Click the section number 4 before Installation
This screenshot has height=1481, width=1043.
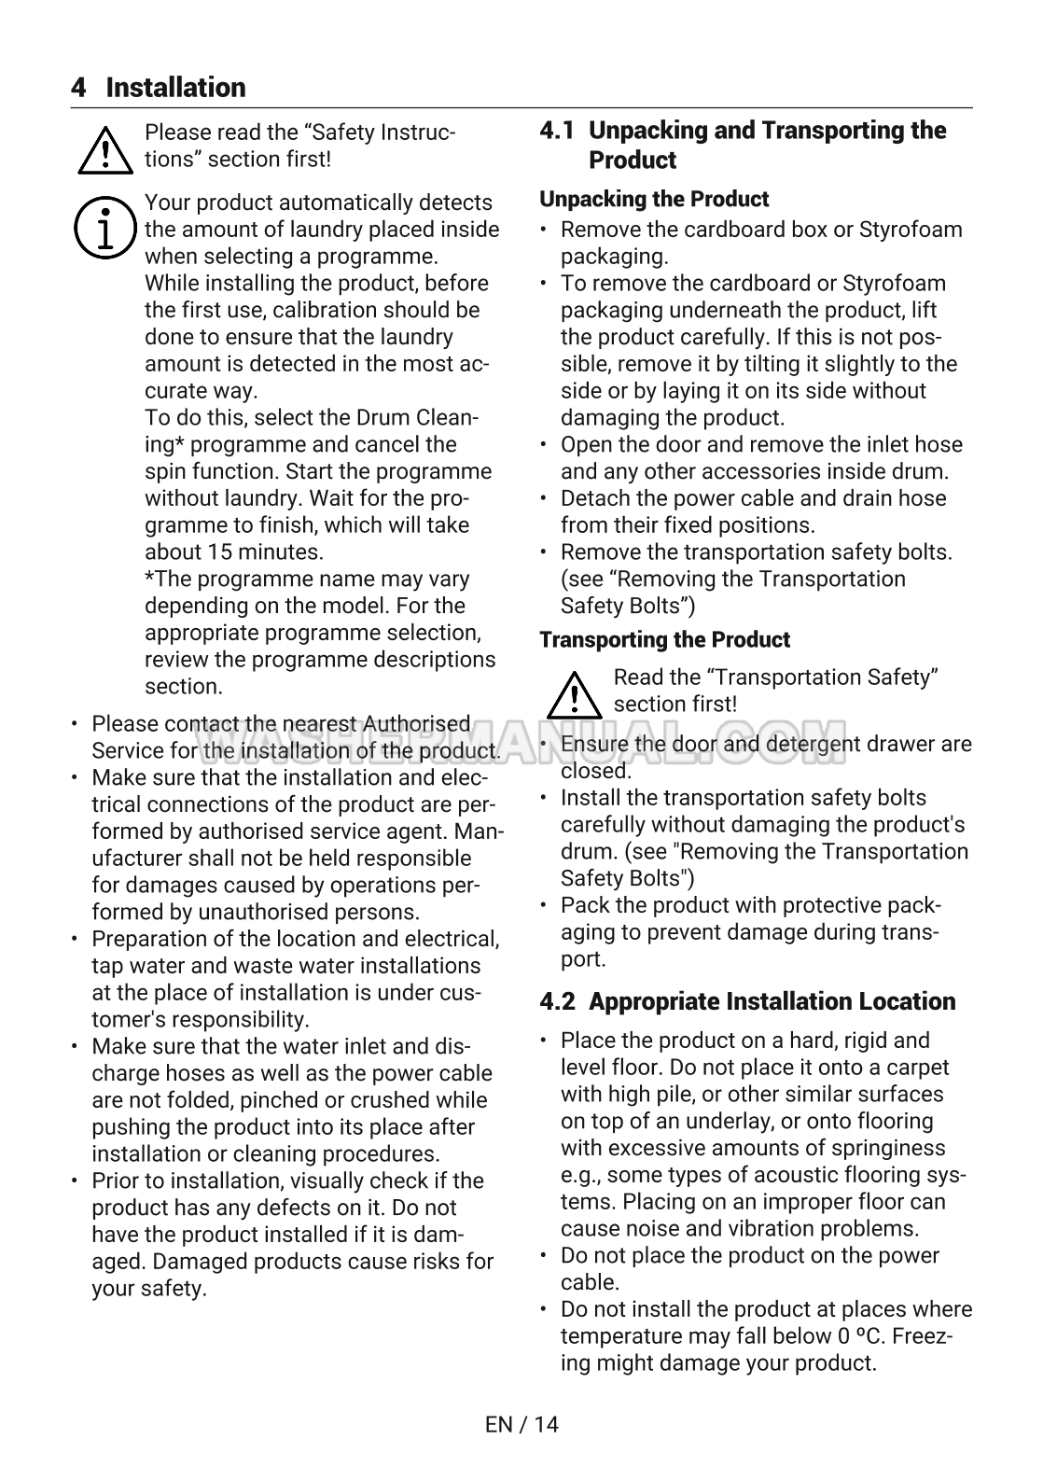point(78,88)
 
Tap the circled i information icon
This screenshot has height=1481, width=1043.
point(104,228)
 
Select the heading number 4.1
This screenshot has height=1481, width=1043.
point(557,131)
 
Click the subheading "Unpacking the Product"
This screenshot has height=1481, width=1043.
point(654,199)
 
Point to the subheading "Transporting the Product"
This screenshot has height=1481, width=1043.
point(664,639)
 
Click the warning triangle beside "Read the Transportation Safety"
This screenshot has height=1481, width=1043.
point(574,693)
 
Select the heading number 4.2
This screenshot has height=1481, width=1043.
point(557,1001)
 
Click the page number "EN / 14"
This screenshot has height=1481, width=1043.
point(521,1424)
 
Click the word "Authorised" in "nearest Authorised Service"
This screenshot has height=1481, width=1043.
point(416,724)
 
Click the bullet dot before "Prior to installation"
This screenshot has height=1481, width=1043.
point(76,1181)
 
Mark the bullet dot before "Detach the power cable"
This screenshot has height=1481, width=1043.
point(545,499)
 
